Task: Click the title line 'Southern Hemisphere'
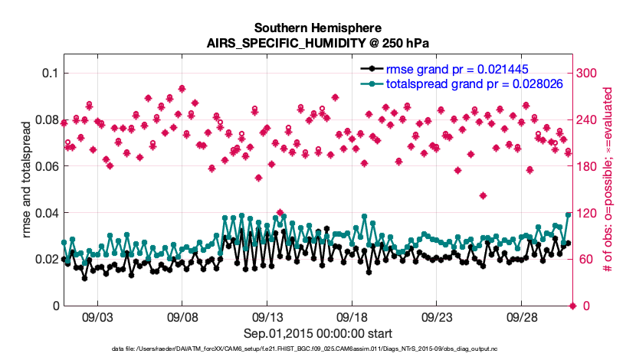coord(317,27)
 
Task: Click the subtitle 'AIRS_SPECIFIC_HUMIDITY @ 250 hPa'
coord(317,43)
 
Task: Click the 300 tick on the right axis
coord(587,74)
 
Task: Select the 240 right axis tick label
coord(587,120)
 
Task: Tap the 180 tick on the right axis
coord(587,166)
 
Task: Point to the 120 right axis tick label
coord(587,213)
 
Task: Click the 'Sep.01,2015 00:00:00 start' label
coord(317,333)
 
